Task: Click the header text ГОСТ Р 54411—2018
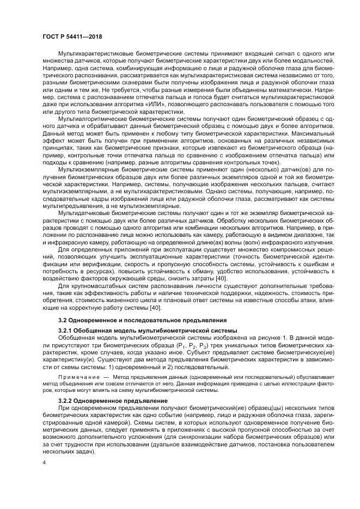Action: [x=71, y=36]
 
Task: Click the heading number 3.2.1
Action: [x=66, y=331]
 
